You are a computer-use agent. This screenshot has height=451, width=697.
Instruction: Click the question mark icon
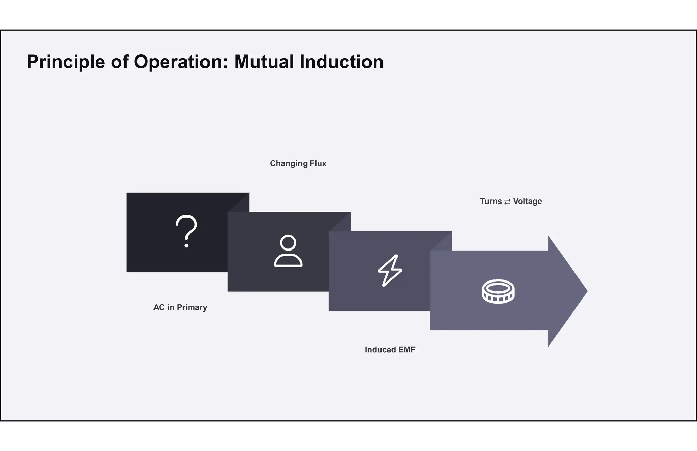186,231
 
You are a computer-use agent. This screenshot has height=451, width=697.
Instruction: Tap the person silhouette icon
288,251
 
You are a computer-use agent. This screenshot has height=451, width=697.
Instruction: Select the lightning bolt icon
390,270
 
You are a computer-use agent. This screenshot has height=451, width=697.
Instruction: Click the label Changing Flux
298,163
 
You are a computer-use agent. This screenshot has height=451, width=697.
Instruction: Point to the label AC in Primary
180,307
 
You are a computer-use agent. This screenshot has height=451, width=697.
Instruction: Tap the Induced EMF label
390,350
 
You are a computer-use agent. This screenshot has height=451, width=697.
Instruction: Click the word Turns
491,201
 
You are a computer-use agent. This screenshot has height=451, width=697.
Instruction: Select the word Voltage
527,201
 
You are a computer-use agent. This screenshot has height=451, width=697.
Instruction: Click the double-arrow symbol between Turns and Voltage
507,202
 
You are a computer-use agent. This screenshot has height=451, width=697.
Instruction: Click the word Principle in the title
66,62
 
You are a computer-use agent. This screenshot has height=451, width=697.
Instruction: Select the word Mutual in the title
264,62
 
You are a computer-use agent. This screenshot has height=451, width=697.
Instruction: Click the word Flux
318,163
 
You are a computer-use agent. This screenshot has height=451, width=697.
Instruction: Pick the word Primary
192,307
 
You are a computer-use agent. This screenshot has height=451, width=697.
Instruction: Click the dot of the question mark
186,245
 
